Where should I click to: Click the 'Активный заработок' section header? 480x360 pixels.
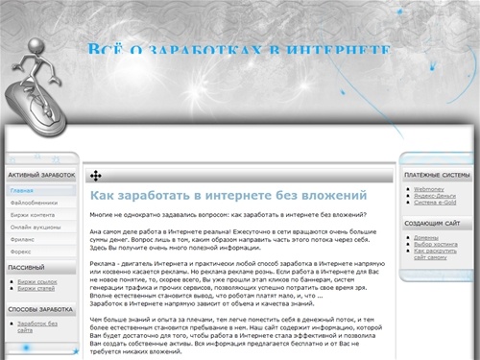(x=41, y=176)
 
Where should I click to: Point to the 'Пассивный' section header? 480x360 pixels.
(x=27, y=267)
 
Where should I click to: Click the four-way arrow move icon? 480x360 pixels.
(x=96, y=176)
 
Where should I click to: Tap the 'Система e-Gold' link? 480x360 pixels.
(x=436, y=203)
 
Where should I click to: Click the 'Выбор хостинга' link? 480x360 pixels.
(x=436, y=244)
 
